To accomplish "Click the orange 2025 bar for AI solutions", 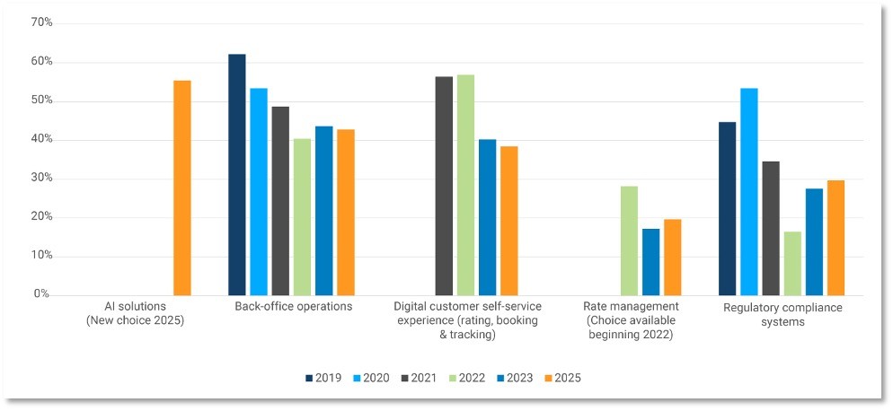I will click(182, 188).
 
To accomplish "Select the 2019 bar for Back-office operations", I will click(236, 175).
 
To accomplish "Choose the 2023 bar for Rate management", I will click(650, 262).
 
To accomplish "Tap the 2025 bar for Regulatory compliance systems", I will click(836, 238).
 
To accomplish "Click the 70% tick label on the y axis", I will click(42, 22).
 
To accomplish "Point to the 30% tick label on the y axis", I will click(42, 178).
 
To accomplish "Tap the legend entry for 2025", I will click(561, 378).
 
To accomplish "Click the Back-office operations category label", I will click(293, 307).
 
